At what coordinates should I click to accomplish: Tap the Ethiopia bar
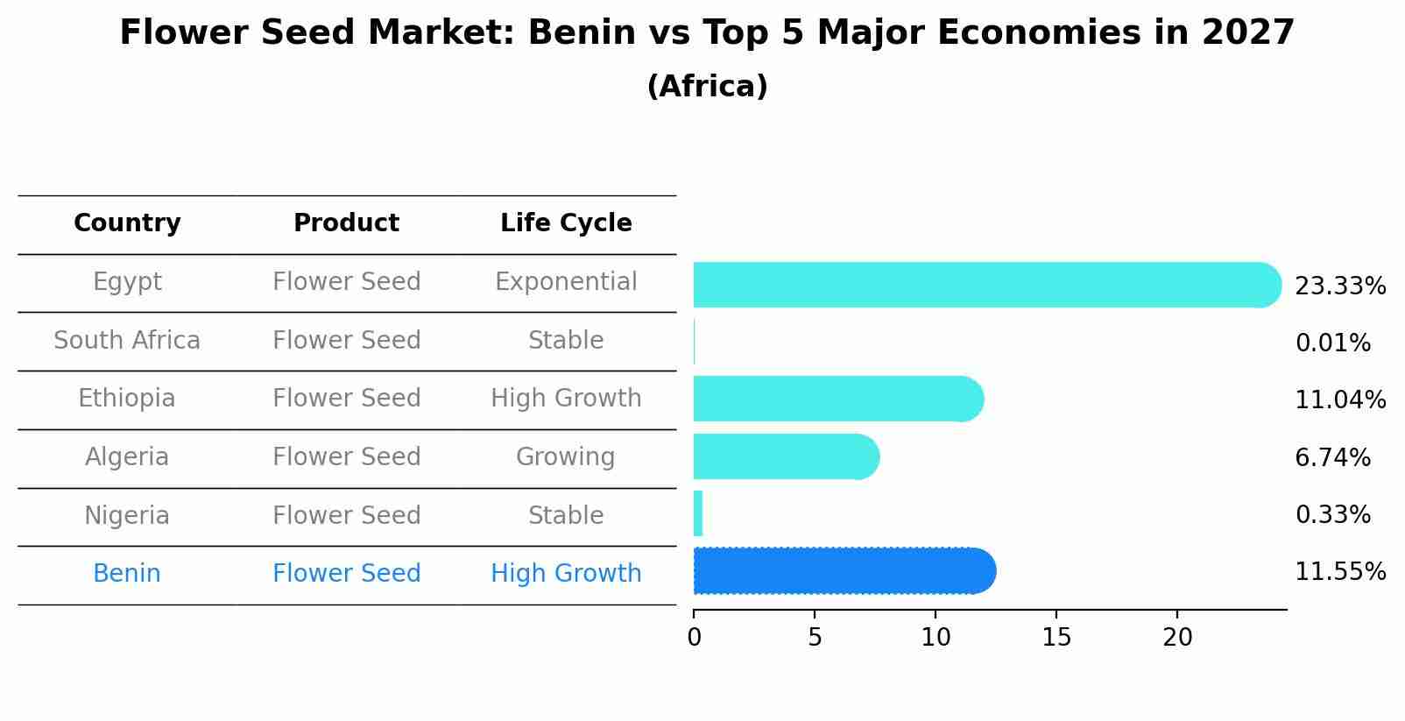837,399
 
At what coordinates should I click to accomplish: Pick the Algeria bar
785,456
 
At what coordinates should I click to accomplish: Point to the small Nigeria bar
698,513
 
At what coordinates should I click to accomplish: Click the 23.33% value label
1339,286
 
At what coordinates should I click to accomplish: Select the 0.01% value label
1332,343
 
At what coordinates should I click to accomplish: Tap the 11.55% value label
1339,572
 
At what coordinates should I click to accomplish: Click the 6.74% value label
1332,457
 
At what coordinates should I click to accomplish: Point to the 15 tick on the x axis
1056,638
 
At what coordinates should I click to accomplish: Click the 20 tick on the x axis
1177,638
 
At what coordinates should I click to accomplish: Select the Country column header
127,223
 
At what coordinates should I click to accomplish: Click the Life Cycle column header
566,223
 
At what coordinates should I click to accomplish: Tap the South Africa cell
127,340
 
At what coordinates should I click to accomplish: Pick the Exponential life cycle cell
566,282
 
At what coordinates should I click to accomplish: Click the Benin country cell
127,574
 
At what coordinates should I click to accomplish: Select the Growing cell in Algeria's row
566,457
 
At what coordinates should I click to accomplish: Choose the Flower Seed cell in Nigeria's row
346,515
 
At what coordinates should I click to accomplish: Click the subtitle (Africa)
707,87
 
